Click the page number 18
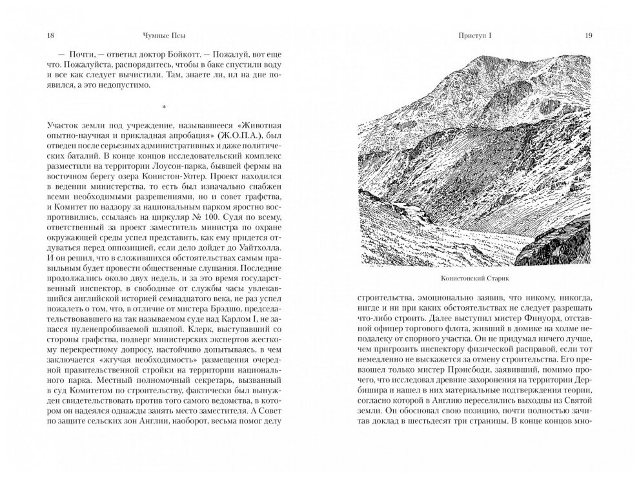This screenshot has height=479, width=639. coord(43,35)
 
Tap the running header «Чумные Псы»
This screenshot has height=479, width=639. coord(160,35)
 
